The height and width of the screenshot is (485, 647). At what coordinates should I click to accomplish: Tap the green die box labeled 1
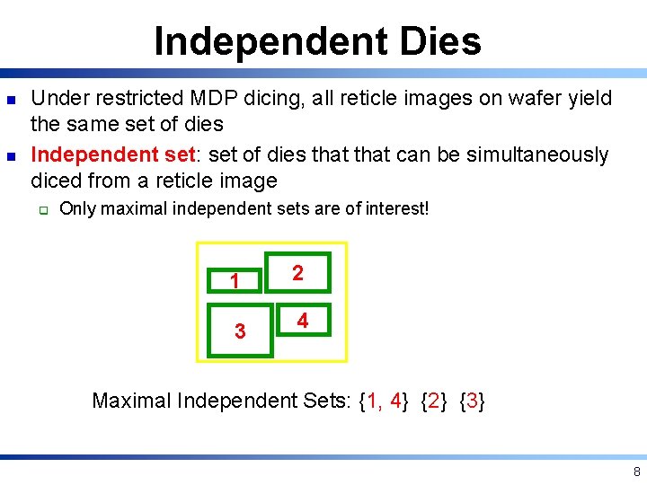[x=235, y=281]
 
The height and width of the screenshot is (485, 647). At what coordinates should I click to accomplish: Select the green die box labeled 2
[x=297, y=273]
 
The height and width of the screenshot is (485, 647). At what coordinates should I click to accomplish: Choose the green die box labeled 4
[x=303, y=320]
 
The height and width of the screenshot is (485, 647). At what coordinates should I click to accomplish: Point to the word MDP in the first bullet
[x=206, y=98]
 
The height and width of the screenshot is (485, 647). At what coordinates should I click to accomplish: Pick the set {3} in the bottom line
[x=473, y=401]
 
